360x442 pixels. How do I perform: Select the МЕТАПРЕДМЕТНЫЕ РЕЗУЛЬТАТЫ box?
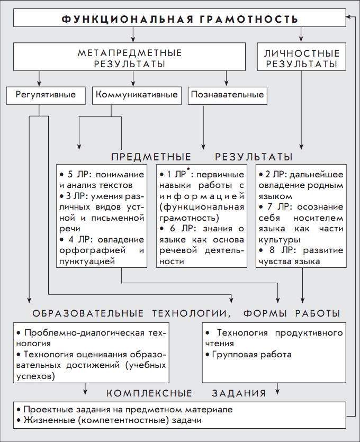click(x=130, y=58)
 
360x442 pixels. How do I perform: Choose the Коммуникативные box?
click(x=136, y=95)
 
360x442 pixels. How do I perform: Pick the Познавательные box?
click(x=227, y=95)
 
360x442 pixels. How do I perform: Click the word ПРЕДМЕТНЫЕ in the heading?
click(x=151, y=157)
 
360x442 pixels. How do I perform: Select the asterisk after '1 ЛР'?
click(x=187, y=170)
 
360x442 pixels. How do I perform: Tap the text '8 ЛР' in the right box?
click(x=280, y=250)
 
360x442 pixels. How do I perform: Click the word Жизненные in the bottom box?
click(x=46, y=420)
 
